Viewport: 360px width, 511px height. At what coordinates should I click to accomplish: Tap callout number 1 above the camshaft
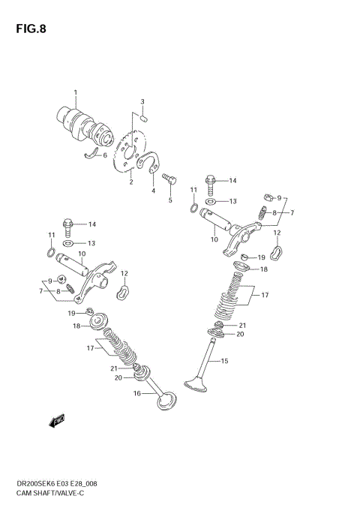75,92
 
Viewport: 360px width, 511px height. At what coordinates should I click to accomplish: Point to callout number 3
142,101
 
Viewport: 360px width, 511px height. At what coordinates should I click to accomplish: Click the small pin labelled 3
145,116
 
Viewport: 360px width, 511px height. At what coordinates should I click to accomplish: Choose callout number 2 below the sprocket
130,181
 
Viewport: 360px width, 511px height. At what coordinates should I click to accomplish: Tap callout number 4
153,191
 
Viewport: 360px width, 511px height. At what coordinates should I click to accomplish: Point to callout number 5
170,200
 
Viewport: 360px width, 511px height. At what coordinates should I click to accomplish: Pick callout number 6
105,155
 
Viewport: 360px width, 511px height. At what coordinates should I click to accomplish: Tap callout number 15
223,361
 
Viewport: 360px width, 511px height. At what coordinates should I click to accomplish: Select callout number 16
136,393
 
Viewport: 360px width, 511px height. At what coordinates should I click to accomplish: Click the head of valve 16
167,401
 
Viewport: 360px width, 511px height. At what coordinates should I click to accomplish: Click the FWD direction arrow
58,422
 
